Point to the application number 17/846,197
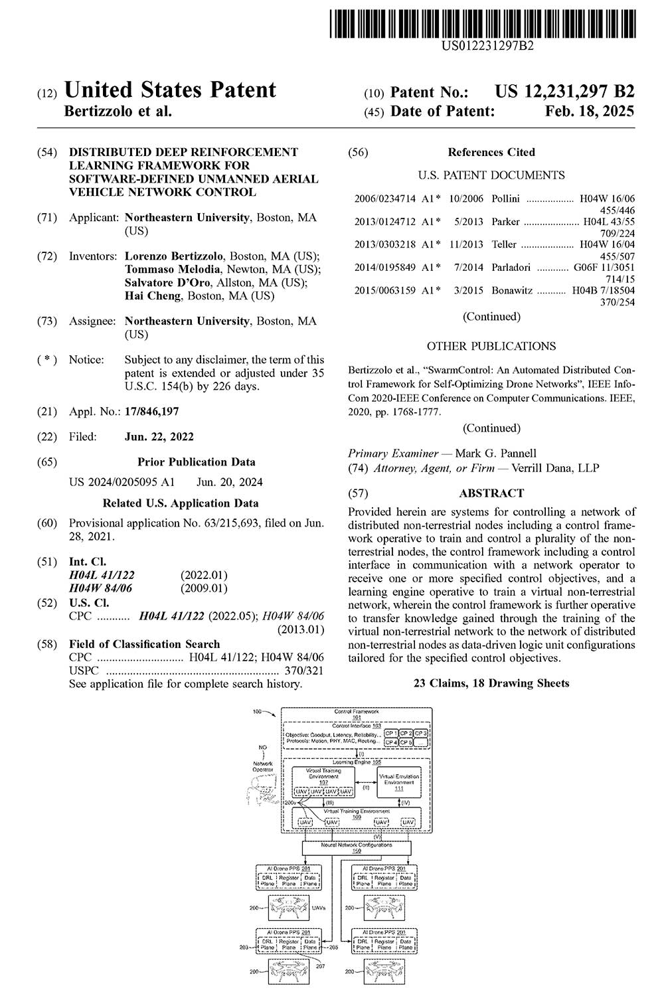(x=151, y=412)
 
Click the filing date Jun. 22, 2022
(x=159, y=437)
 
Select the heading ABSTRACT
(x=491, y=493)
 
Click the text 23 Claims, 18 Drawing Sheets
(x=491, y=683)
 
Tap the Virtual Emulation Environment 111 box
(x=399, y=782)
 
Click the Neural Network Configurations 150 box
(x=357, y=847)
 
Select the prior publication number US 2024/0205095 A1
(x=122, y=482)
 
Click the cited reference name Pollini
(x=506, y=199)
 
